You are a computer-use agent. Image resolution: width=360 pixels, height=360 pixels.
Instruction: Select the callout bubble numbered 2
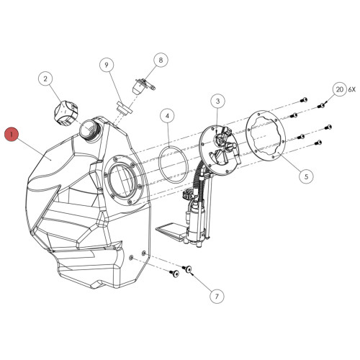click(x=45, y=78)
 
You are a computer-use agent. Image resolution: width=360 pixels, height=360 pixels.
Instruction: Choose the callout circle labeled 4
click(x=166, y=115)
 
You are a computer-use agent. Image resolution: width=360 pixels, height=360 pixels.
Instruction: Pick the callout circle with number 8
click(x=160, y=61)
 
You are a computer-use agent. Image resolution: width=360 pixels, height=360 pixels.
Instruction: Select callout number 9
click(x=107, y=66)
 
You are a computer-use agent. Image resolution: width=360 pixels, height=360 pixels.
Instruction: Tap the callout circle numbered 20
click(x=339, y=89)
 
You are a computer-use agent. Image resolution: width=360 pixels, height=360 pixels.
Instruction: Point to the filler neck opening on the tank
click(x=89, y=128)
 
